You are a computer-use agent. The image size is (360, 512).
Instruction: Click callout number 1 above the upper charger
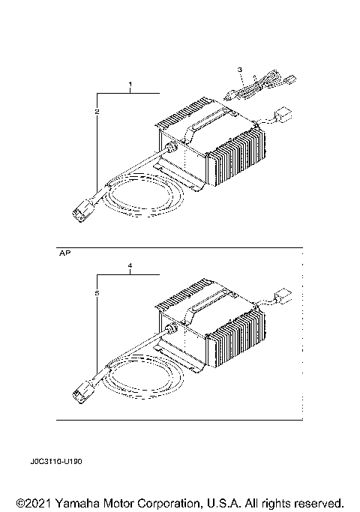130,82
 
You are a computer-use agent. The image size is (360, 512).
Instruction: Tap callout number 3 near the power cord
240,70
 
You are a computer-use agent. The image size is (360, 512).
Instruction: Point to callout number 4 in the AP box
130,265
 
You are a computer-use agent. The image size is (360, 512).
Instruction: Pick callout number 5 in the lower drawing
97,295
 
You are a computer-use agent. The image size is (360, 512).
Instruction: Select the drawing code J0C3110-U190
56,463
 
